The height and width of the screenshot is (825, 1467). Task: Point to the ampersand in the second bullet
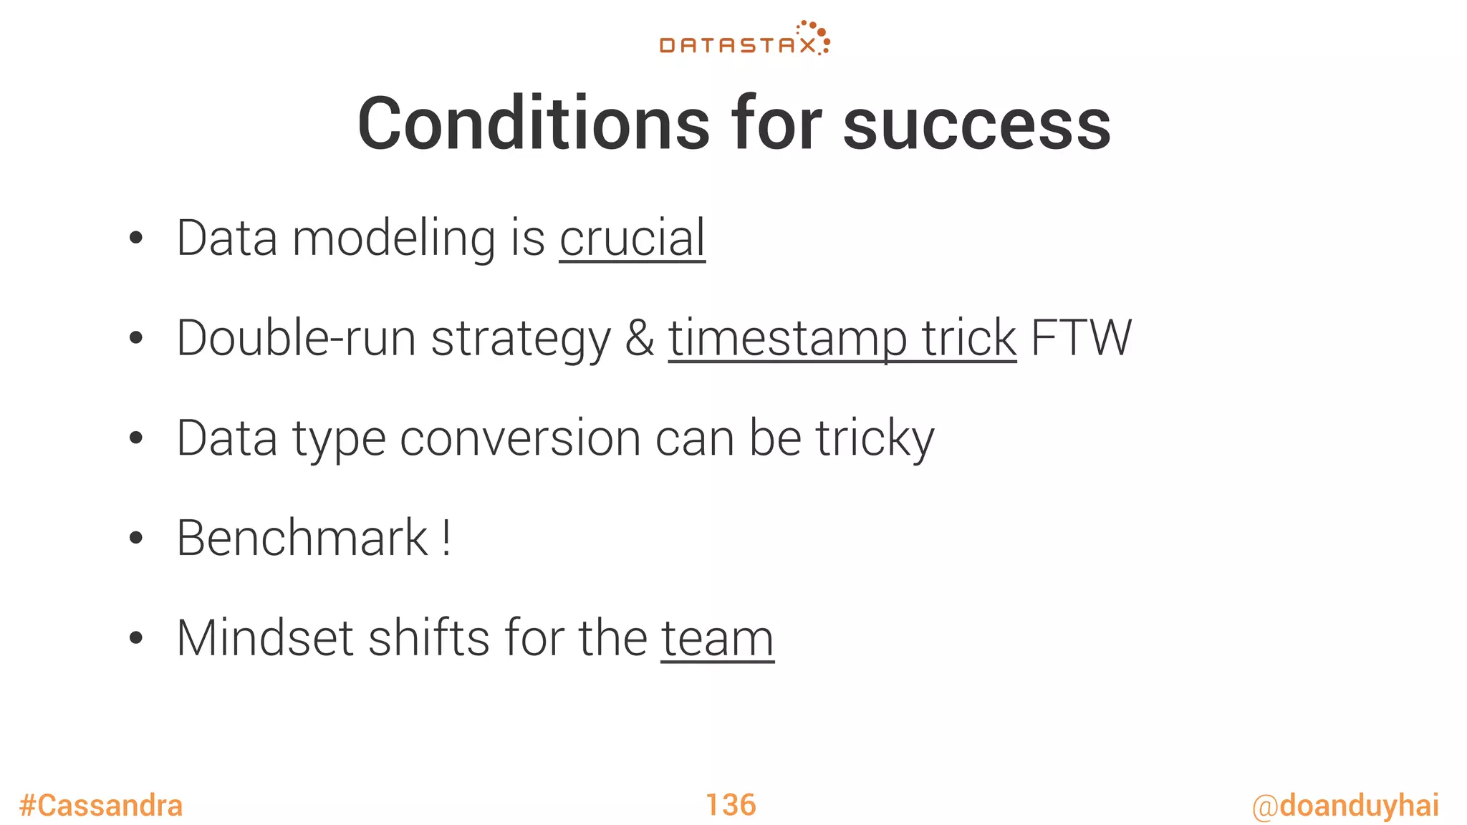(x=639, y=338)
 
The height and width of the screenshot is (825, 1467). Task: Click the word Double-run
(x=296, y=338)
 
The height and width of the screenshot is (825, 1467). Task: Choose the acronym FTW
(x=1081, y=338)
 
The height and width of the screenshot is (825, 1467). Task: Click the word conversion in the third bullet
(x=519, y=438)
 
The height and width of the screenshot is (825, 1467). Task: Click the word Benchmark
(x=302, y=538)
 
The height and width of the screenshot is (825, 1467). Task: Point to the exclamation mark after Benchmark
(x=446, y=538)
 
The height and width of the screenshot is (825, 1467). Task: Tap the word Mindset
(x=265, y=638)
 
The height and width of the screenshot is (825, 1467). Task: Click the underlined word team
(x=717, y=638)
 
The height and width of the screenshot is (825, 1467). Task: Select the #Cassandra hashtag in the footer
(x=101, y=806)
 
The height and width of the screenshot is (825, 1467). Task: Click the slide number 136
(x=731, y=805)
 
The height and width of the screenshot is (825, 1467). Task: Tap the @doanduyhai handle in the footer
(x=1345, y=806)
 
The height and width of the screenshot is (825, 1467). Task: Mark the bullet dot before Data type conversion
(x=136, y=438)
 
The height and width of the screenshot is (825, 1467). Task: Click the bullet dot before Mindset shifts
(x=136, y=638)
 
